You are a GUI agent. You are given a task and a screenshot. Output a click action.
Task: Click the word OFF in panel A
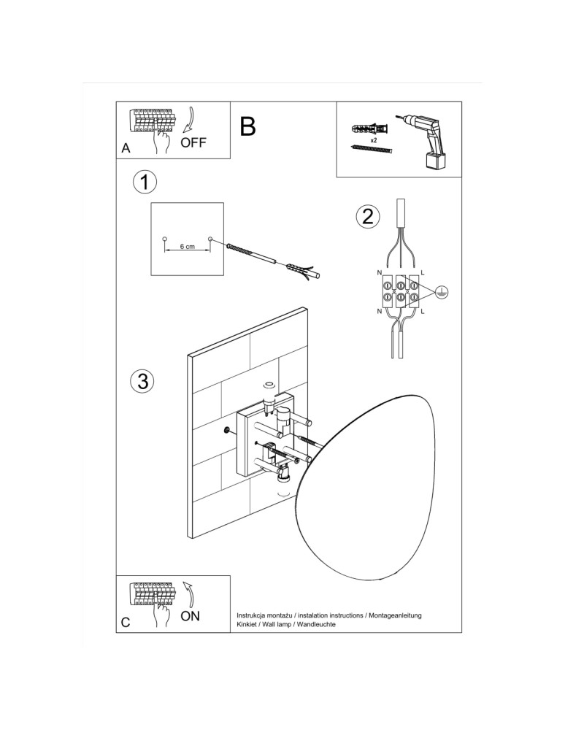[193, 142]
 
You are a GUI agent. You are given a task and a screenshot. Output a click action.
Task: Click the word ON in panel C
[191, 616]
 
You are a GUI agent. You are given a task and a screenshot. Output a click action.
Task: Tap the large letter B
[247, 126]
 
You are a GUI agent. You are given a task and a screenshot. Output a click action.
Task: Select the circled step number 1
[145, 182]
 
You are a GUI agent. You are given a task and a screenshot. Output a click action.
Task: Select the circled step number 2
[368, 215]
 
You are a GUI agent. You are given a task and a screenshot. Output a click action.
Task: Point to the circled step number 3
[142, 380]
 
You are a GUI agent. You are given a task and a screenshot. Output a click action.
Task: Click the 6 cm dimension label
[187, 247]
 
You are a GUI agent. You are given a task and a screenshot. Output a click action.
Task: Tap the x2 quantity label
[373, 139]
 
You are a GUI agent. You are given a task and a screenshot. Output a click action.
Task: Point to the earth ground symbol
[441, 292]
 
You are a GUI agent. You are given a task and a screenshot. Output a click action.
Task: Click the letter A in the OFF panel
[126, 148]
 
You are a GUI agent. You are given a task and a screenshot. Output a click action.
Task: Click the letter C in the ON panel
[126, 623]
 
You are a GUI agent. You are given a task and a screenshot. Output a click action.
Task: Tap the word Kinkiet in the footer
[250, 626]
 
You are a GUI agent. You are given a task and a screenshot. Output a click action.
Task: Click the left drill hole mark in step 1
[164, 239]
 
